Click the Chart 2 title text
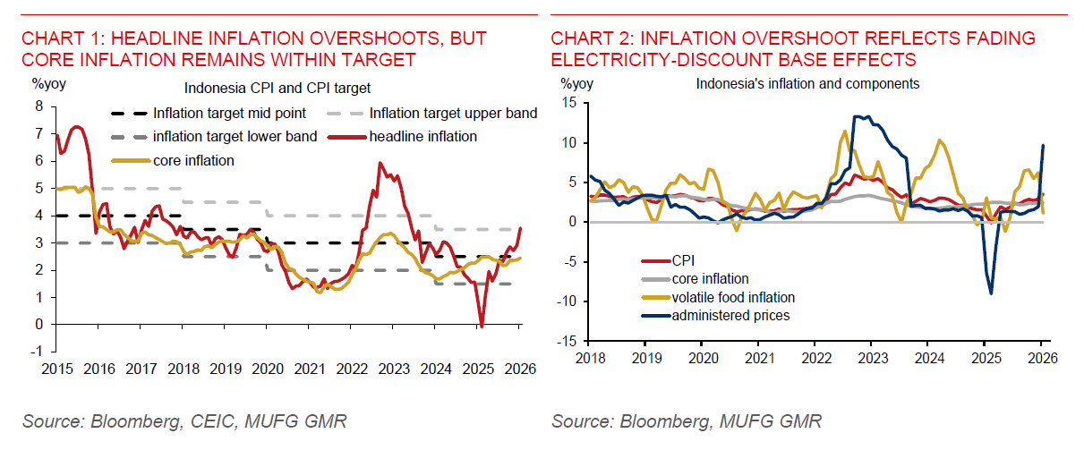pos(792,49)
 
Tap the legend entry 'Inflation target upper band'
pos(452,114)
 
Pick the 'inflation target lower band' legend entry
pos(235,137)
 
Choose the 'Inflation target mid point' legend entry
pos(229,114)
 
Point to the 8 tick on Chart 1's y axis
pos(38,106)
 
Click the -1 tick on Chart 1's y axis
pos(37,352)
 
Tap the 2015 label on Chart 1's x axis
pos(56,368)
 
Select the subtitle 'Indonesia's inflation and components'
pos(807,84)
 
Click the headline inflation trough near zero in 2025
pos(481,325)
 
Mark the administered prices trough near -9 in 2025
pos(991,293)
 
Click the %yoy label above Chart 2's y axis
pos(576,84)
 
